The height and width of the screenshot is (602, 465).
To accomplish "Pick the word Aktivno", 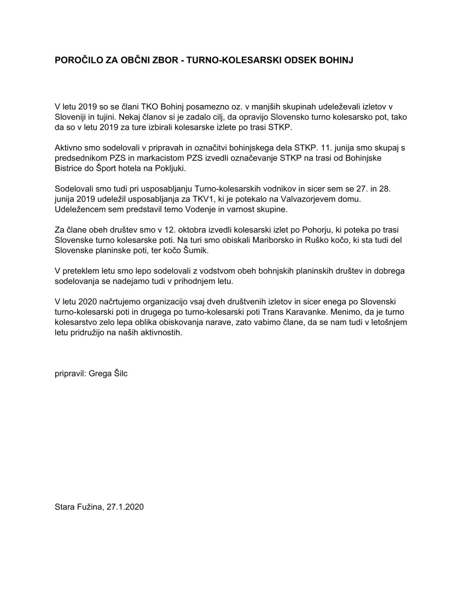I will click(x=69, y=148).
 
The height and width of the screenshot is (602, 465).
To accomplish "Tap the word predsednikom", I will click(x=82, y=158).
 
